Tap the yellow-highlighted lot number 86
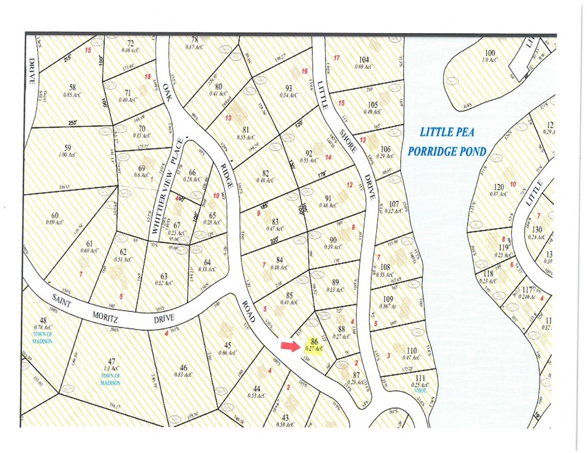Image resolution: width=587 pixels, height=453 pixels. click(x=314, y=341)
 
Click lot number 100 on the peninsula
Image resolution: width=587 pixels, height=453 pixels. click(x=490, y=53)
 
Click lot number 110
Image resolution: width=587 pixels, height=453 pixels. click(x=412, y=350)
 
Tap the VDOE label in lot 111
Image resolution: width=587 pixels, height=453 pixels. click(x=420, y=390)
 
